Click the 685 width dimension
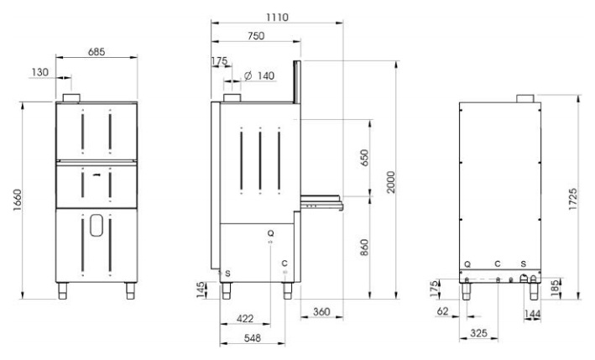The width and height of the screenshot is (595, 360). (x=97, y=51)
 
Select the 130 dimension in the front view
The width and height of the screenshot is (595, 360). (x=39, y=72)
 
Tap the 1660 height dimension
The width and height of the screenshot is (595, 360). (x=18, y=200)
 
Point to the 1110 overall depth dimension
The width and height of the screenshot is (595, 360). (x=277, y=17)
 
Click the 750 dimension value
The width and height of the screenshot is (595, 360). (x=256, y=35)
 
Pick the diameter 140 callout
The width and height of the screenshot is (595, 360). (x=259, y=76)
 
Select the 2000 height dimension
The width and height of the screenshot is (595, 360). (x=391, y=182)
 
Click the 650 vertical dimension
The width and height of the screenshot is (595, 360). (x=364, y=158)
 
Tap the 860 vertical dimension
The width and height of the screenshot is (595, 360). (x=364, y=248)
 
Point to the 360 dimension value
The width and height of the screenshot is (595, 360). (x=321, y=312)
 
